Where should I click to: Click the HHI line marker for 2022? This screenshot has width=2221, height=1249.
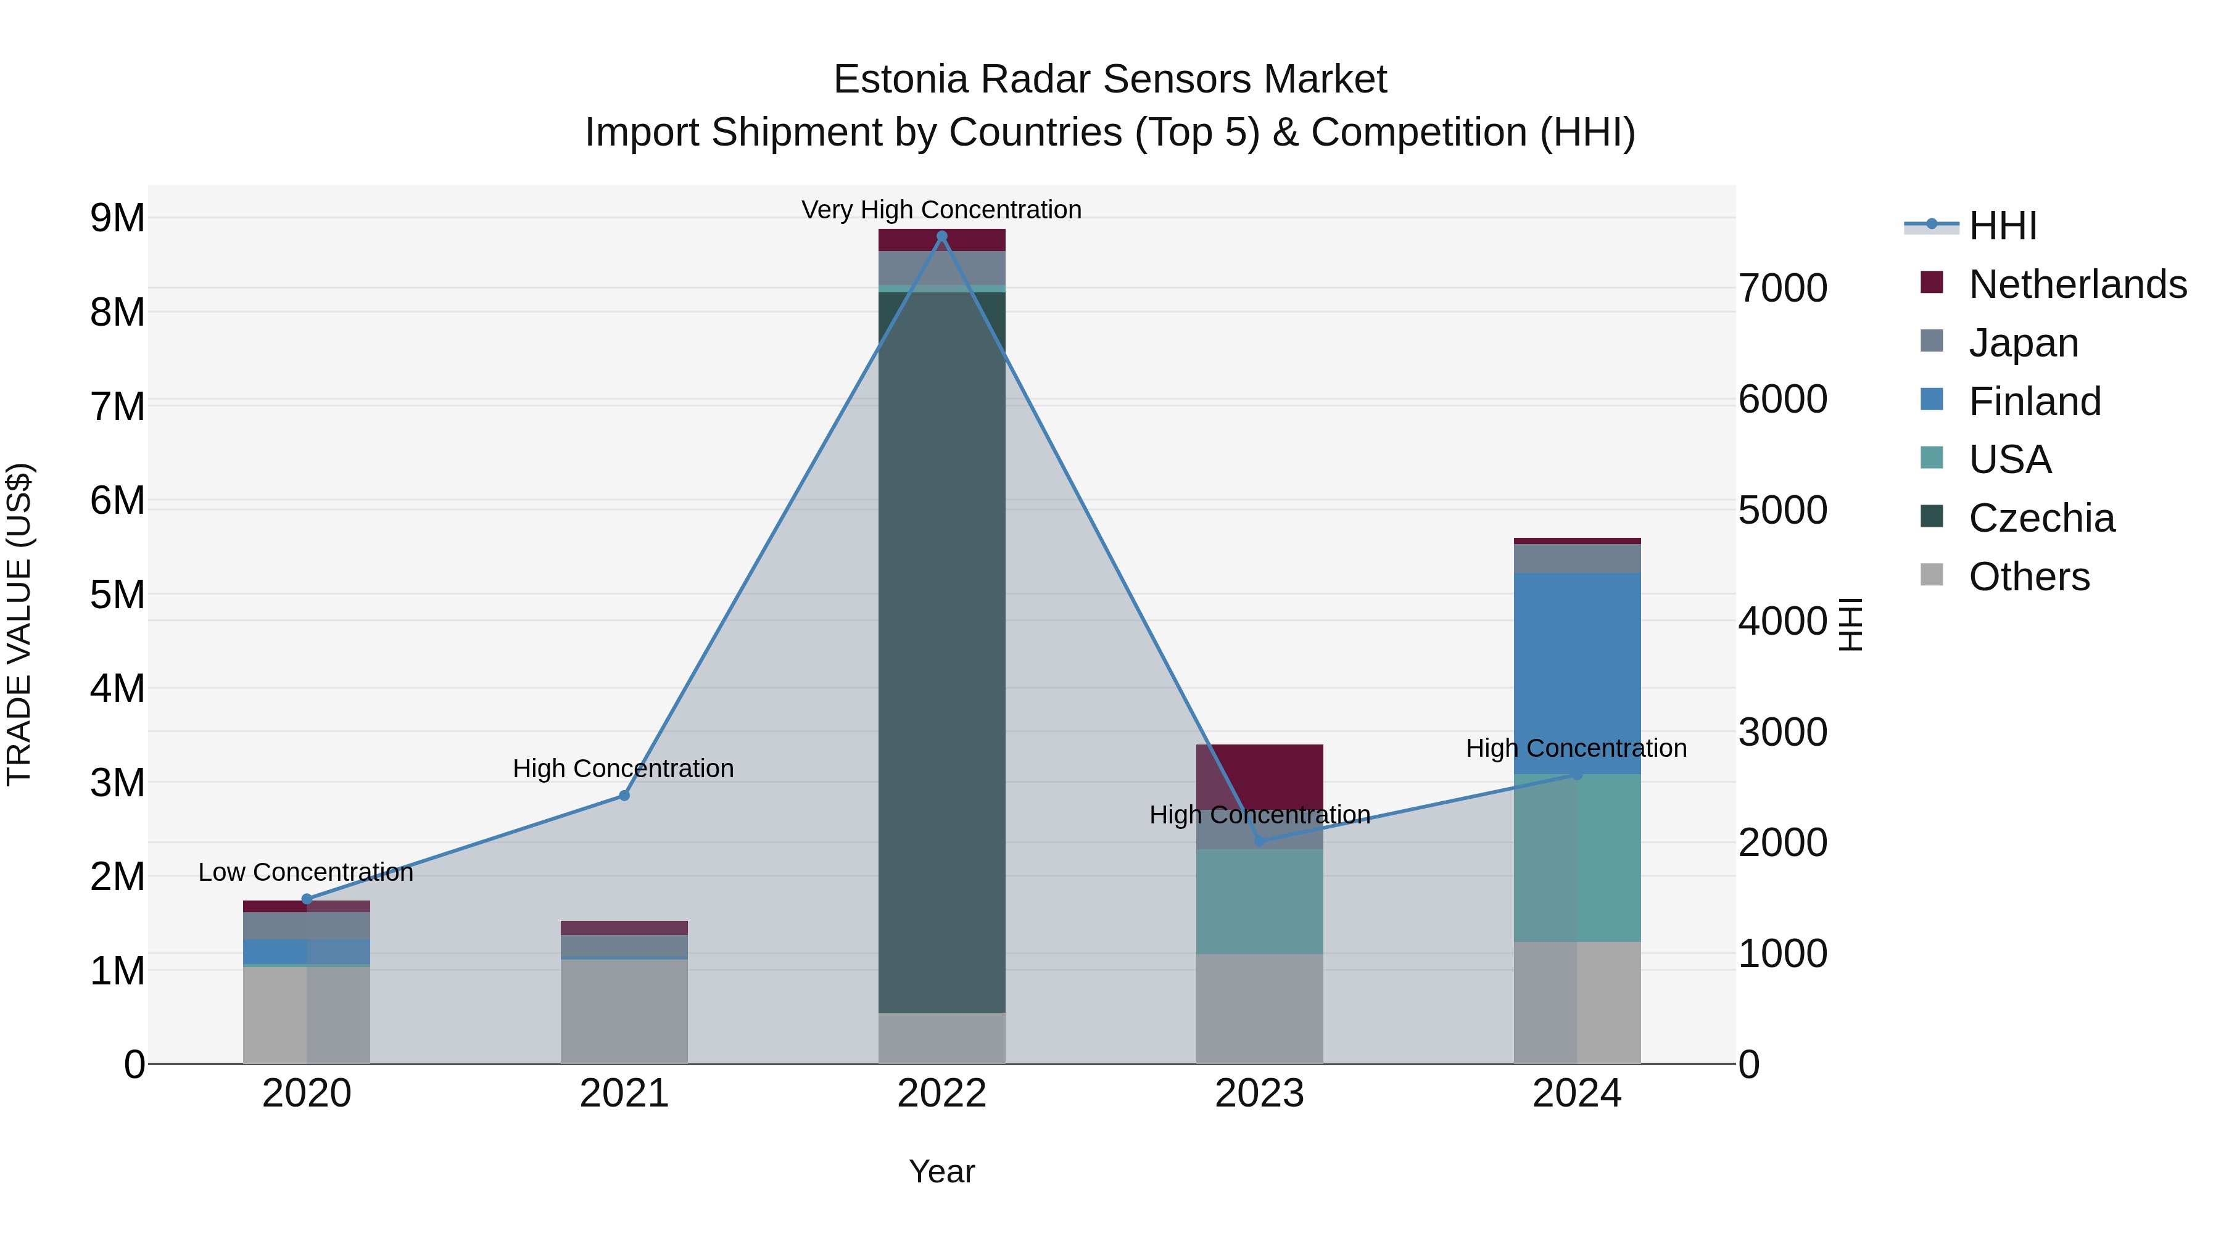pos(941,236)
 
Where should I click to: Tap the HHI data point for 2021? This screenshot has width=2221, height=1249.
pos(624,796)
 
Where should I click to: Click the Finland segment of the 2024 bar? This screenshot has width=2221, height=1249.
pos(1577,673)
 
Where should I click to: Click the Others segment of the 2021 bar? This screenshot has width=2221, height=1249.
pos(624,1011)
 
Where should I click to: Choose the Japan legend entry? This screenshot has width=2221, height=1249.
pos(2023,343)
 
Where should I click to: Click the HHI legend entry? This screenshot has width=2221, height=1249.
pos(2002,226)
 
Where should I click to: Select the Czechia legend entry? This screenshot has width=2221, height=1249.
pos(2041,518)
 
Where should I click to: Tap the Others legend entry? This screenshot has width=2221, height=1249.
pos(2029,577)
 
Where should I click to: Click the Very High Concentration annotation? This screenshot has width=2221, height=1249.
pos(941,210)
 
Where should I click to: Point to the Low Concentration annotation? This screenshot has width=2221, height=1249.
pos(305,872)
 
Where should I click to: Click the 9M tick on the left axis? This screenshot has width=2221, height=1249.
pos(117,218)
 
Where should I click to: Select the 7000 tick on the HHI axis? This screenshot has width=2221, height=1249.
pos(1782,289)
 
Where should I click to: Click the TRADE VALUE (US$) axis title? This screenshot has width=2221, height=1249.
pos(19,624)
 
